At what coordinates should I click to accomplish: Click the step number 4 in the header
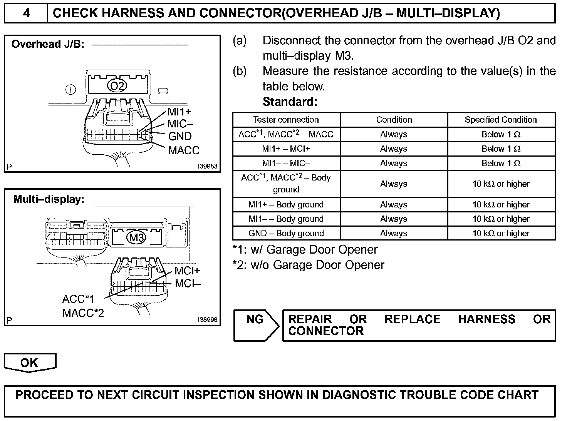click(x=26, y=13)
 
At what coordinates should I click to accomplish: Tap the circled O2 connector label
click(x=117, y=86)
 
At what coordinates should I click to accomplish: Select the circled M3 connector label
click(x=136, y=237)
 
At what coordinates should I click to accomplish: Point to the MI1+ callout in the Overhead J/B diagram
click(x=179, y=112)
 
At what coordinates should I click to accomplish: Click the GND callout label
click(x=179, y=136)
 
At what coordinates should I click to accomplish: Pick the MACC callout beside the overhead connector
click(x=184, y=150)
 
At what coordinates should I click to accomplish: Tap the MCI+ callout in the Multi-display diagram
click(x=187, y=271)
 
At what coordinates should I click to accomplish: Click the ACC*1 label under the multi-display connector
click(x=78, y=299)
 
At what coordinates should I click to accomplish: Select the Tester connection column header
click(x=286, y=120)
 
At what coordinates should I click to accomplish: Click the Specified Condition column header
click(x=500, y=120)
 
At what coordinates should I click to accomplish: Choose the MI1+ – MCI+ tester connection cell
click(x=286, y=149)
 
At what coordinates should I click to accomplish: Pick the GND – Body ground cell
click(x=286, y=233)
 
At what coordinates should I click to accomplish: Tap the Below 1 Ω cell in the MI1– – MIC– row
click(x=501, y=163)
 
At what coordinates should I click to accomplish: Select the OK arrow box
click(x=30, y=363)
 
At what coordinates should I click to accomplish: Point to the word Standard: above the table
click(x=290, y=102)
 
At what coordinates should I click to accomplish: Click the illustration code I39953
click(x=208, y=167)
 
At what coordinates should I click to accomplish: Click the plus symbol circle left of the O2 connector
click(x=70, y=90)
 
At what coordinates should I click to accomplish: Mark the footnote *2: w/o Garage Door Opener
click(x=309, y=265)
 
